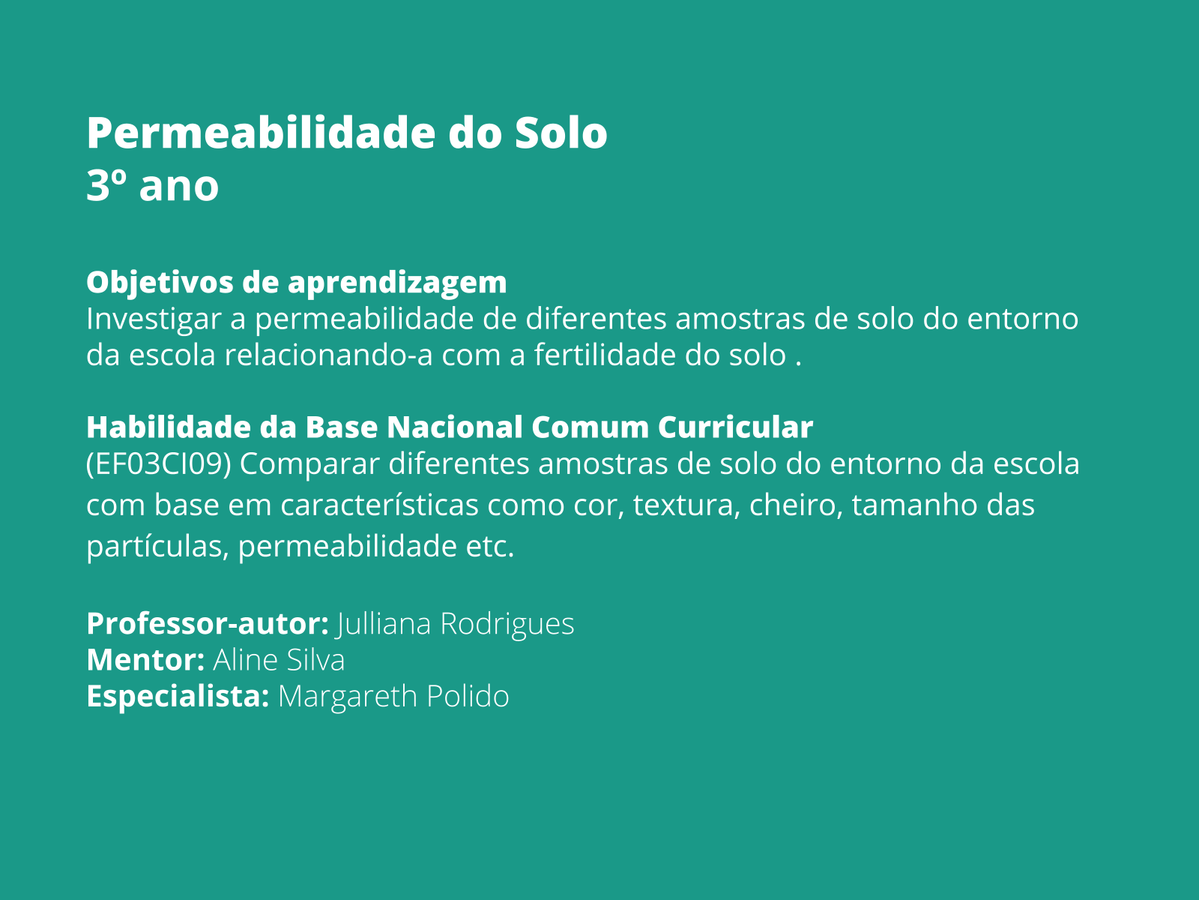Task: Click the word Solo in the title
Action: pos(561,133)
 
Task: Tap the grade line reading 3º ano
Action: pos(152,186)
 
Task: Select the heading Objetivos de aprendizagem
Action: pos(296,283)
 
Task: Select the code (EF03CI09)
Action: pos(158,464)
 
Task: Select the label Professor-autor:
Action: pos(207,624)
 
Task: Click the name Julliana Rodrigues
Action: pos(456,624)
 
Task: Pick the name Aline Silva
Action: pos(279,660)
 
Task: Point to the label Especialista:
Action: pos(178,697)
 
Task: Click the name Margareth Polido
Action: pos(393,697)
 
